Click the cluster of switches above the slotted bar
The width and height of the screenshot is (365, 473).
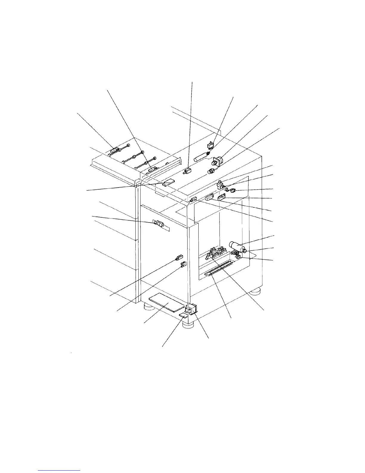click(x=215, y=253)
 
